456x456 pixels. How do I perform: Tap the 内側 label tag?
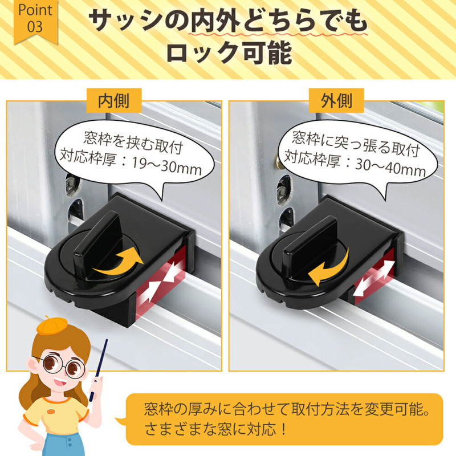tap(113, 101)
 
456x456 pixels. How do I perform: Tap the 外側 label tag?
tap(336, 101)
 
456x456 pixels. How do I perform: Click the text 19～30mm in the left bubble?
tap(166, 166)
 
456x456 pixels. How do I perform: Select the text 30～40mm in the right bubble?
tap(390, 169)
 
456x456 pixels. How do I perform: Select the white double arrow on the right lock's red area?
tap(374, 278)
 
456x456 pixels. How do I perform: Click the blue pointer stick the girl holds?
tap(99, 369)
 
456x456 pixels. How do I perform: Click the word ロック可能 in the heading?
tap(229, 53)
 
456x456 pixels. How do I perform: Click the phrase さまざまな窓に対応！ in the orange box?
tap(216, 429)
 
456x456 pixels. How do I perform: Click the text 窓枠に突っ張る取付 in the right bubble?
tap(356, 145)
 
